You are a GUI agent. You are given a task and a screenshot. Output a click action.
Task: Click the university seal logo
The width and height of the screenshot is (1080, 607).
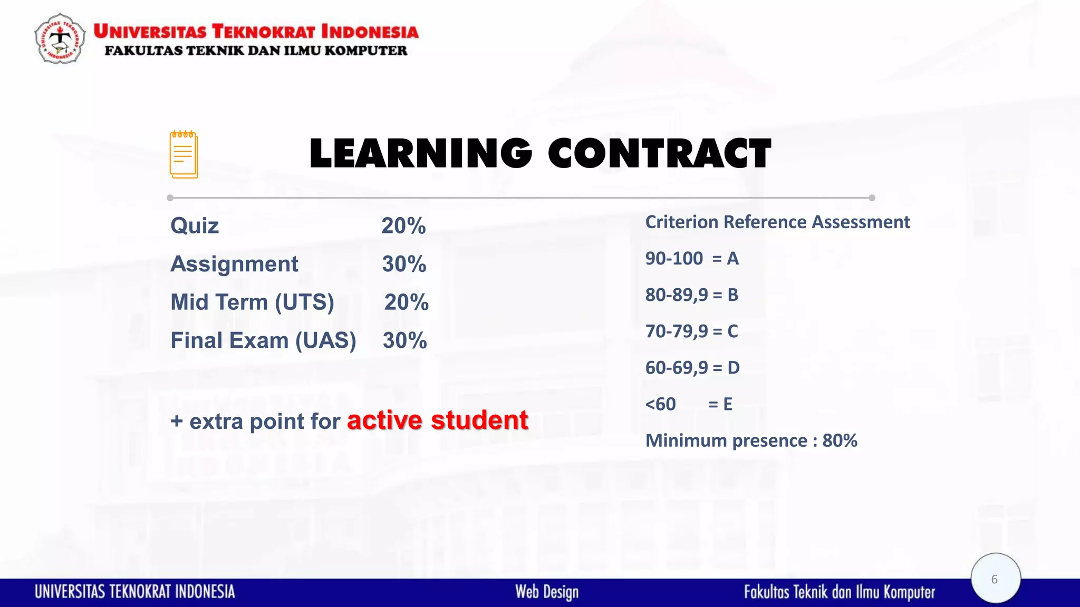60,38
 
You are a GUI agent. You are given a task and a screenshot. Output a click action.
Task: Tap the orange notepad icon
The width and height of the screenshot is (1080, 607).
184,154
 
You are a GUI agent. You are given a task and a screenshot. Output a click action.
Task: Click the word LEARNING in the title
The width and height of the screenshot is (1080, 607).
420,153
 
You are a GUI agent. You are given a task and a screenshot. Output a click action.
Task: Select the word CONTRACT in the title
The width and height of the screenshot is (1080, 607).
659,153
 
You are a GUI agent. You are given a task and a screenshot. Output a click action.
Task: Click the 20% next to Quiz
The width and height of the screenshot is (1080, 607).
403,226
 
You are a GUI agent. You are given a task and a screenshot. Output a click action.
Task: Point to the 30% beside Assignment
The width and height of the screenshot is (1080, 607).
404,264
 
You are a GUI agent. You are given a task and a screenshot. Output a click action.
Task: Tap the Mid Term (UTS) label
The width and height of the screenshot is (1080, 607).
252,302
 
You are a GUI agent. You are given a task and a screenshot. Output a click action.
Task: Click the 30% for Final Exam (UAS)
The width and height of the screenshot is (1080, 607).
404,340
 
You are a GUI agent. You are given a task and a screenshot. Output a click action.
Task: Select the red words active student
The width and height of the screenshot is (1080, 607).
437,420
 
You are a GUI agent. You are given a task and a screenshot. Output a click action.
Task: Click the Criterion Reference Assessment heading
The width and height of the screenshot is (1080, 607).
777,222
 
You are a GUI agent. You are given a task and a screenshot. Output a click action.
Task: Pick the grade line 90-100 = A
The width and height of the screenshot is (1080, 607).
692,259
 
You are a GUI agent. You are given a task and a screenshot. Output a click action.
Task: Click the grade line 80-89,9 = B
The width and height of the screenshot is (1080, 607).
691,295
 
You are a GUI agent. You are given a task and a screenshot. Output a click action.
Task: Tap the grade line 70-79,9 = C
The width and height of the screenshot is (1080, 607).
691,331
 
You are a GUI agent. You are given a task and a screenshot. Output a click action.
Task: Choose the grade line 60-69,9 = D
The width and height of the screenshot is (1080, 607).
692,368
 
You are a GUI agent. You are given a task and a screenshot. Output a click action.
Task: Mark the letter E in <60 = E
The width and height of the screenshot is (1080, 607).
728,404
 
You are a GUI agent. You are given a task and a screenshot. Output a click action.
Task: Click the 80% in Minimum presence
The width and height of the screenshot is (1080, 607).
840,440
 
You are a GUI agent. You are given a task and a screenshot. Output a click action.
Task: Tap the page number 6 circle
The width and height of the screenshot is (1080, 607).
995,579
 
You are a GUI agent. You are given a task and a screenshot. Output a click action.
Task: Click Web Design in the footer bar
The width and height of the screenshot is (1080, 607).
547,592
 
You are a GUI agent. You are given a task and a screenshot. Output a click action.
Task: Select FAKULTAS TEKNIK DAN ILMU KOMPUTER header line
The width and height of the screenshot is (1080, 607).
256,51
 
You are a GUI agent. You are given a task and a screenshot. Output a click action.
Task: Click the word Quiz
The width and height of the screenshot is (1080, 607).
195,226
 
